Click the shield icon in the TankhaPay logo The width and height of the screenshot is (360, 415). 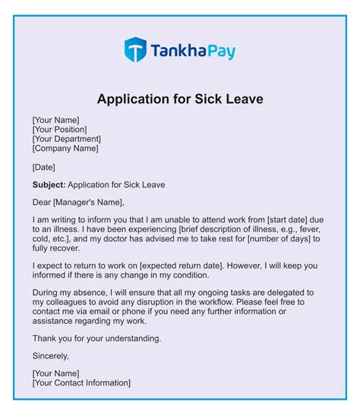pyautogui.click(x=136, y=51)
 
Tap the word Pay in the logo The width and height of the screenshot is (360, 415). pyautogui.click(x=218, y=52)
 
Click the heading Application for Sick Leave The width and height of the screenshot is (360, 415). pyautogui.click(x=180, y=99)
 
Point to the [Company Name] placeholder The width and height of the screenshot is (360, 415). pyautogui.click(x=66, y=149)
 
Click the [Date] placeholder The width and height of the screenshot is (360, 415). pyautogui.click(x=44, y=167)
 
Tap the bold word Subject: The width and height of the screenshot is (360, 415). pyautogui.click(x=49, y=184)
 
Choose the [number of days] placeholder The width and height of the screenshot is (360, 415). pyautogui.click(x=279, y=240)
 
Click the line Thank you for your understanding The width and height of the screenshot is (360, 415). pyautogui.click(x=96, y=338)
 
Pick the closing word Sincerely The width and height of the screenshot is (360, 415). pyautogui.click(x=51, y=356)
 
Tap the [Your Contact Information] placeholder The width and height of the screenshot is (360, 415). pyautogui.click(x=81, y=383)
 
